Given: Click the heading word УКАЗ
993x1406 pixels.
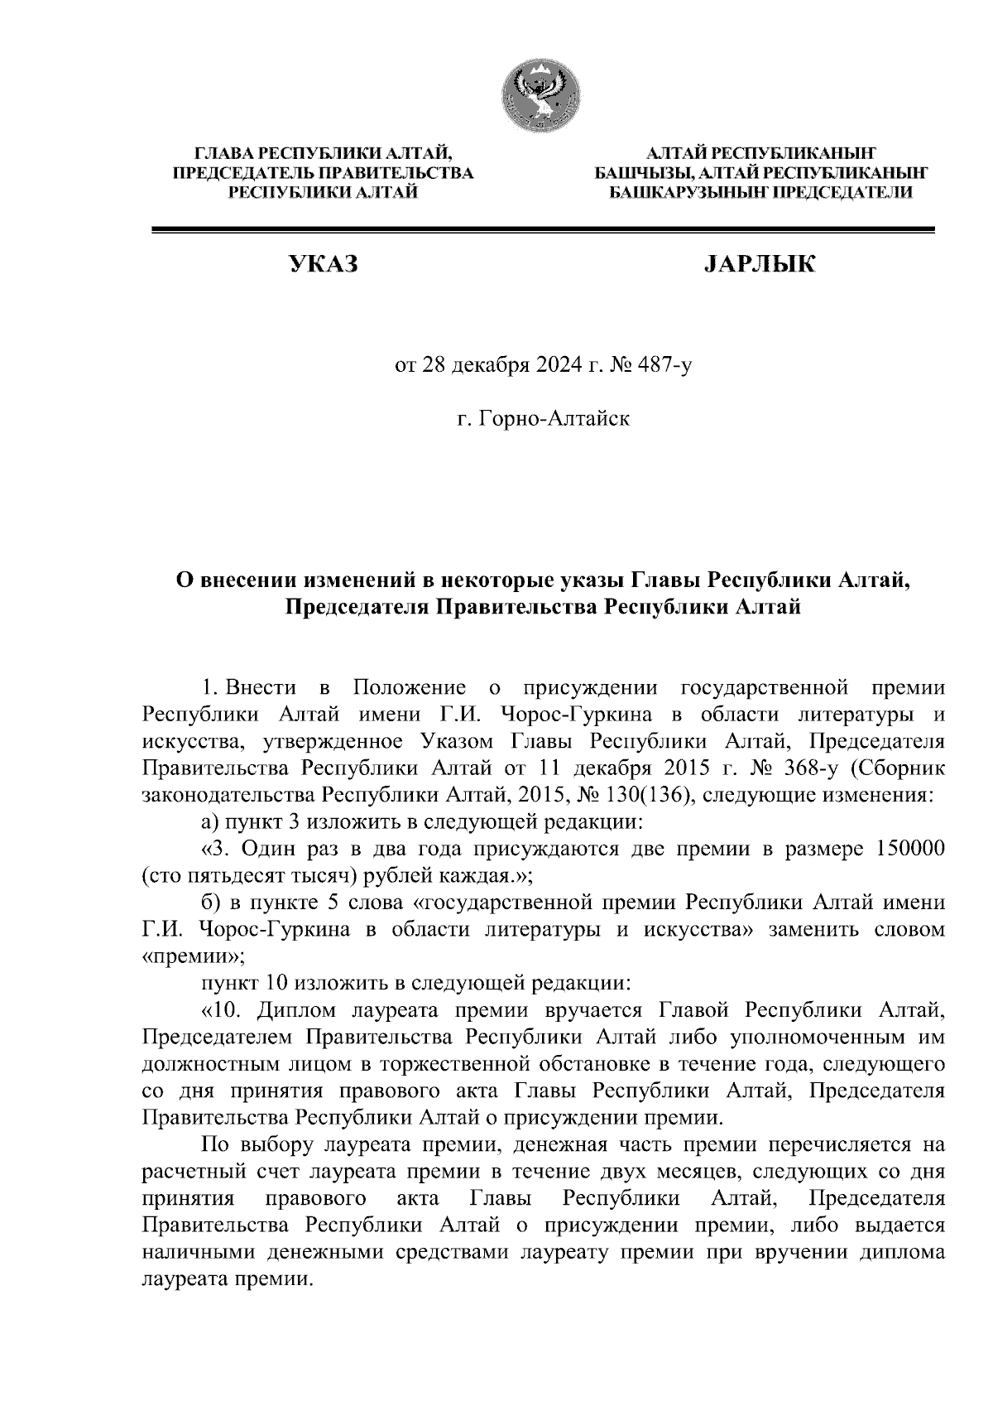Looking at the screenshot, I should tap(323, 265).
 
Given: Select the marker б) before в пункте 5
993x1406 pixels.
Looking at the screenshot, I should tap(210, 903).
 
